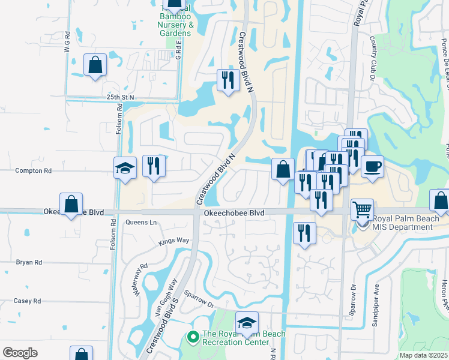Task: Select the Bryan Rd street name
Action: pyautogui.click(x=28, y=262)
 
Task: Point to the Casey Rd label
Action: pyautogui.click(x=28, y=301)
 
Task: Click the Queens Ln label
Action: pyautogui.click(x=141, y=223)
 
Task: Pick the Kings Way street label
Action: pyautogui.click(x=173, y=241)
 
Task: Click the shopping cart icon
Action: pyautogui.click(x=362, y=210)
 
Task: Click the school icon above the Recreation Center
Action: pyautogui.click(x=247, y=323)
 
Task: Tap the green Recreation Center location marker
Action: pyautogui.click(x=193, y=338)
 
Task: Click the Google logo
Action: pyautogui.click(x=20, y=353)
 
